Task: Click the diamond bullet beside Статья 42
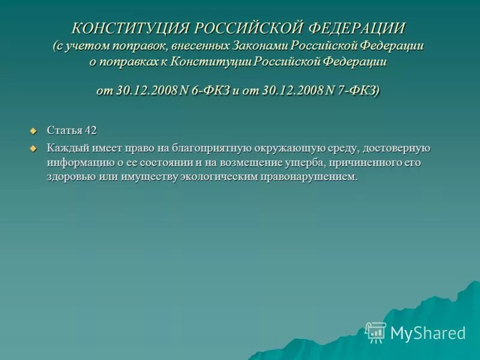click(x=34, y=131)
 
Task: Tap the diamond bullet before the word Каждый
click(x=34, y=148)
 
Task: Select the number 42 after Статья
click(x=90, y=131)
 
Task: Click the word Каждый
click(x=65, y=148)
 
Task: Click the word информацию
click(x=80, y=163)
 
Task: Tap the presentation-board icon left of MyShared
click(x=376, y=332)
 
